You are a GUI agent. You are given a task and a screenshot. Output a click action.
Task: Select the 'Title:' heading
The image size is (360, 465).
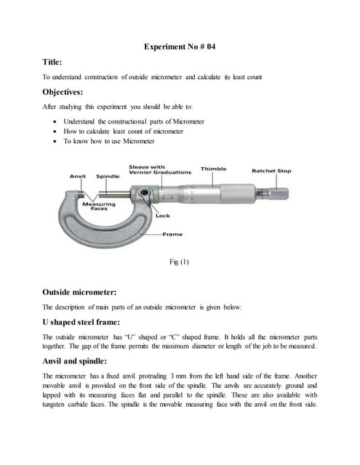click(55, 63)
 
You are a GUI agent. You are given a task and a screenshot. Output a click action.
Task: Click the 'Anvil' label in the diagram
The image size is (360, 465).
click(78, 176)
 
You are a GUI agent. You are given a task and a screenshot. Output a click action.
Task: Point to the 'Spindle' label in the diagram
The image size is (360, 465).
click(108, 176)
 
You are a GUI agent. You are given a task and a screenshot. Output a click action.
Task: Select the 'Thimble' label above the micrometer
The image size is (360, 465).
click(213, 169)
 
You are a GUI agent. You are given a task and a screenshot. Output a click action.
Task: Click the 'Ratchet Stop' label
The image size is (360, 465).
click(271, 171)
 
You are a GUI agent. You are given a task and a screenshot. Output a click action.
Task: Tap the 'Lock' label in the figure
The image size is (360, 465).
click(163, 216)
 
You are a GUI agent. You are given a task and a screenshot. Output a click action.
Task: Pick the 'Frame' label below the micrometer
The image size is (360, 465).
click(172, 234)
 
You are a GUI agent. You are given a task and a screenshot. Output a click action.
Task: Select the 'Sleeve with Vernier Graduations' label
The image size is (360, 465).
click(160, 169)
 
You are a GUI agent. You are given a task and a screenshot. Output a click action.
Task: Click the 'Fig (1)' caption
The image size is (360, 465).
click(179, 262)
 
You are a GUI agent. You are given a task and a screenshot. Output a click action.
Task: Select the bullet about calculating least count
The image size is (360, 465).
click(123, 132)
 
